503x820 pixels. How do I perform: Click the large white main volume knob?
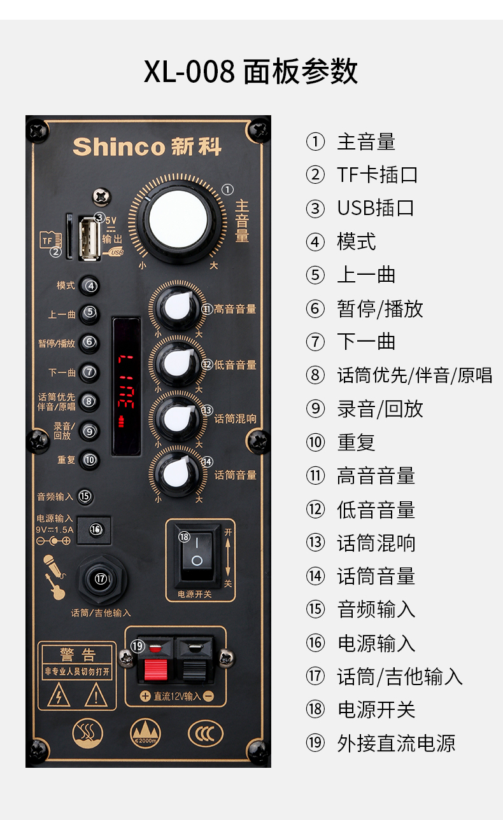[x=180, y=219]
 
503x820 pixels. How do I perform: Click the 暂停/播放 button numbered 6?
[x=89, y=342]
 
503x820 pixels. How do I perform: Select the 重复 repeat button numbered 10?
[x=89, y=459]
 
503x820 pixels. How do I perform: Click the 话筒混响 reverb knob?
[x=176, y=417]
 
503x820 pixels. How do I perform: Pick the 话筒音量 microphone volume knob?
[x=176, y=473]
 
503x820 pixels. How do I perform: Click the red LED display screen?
[x=126, y=386]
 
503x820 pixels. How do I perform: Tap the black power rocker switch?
[x=197, y=552]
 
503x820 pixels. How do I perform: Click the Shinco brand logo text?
[x=147, y=146]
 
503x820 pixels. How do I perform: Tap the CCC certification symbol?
[x=206, y=733]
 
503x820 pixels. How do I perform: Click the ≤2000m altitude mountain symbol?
[x=146, y=733]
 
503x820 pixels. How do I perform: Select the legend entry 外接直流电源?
[x=396, y=743]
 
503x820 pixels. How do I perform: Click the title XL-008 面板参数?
[x=251, y=72]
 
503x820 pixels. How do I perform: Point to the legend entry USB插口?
[x=376, y=208]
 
